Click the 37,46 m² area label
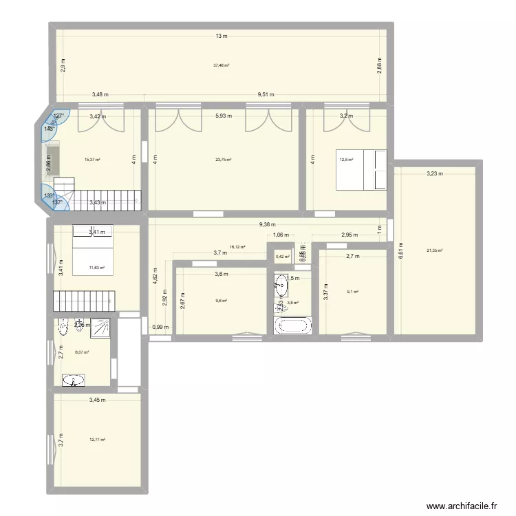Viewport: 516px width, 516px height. (x=221, y=66)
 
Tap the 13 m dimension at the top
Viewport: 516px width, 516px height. (x=221, y=36)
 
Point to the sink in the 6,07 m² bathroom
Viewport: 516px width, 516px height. (x=74, y=380)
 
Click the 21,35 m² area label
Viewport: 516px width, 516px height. (x=435, y=250)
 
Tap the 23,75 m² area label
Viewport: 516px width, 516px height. (x=223, y=160)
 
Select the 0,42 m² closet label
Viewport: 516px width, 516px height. (x=282, y=257)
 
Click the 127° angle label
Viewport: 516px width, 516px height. (x=59, y=116)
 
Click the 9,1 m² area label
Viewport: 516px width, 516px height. (x=354, y=292)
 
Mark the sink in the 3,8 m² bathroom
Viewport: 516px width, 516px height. (x=281, y=281)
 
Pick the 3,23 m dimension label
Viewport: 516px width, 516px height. (x=436, y=174)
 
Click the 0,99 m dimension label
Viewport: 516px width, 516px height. (x=159, y=327)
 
